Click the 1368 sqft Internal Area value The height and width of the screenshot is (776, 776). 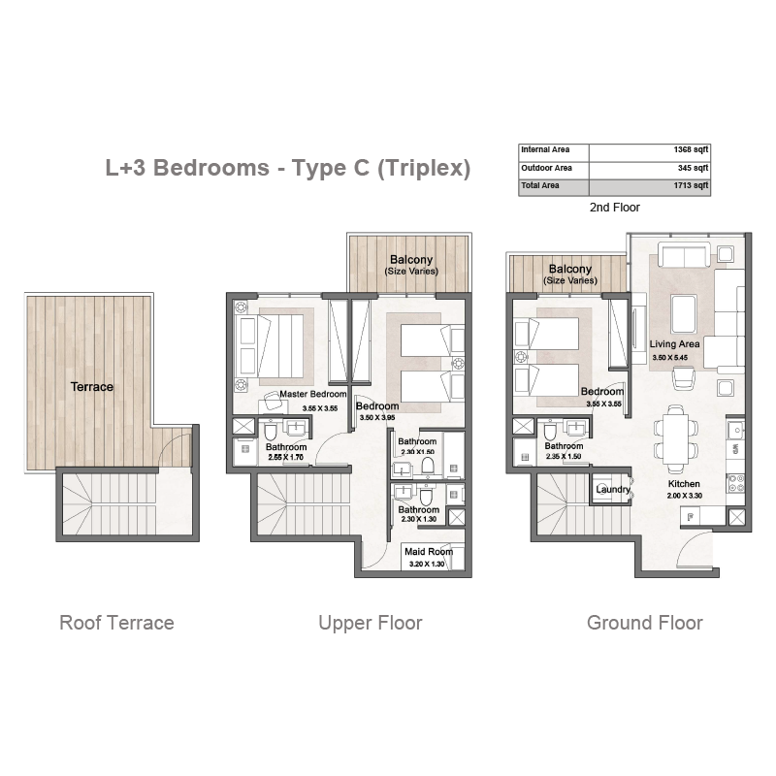pyautogui.click(x=691, y=149)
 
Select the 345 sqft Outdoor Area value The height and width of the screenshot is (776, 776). pyautogui.click(x=693, y=168)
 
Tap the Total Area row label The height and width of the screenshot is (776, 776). pyautogui.click(x=540, y=185)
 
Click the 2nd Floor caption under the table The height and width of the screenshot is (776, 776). pyautogui.click(x=615, y=208)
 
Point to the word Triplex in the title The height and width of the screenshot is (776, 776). pyautogui.click(x=424, y=168)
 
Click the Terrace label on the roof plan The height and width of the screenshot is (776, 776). pyautogui.click(x=91, y=386)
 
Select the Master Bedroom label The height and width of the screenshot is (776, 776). pyautogui.click(x=312, y=394)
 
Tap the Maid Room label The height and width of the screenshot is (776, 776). pyautogui.click(x=429, y=551)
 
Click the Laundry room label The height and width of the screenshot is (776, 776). pyautogui.click(x=613, y=490)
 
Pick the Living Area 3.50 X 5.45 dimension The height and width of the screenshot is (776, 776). pyautogui.click(x=669, y=357)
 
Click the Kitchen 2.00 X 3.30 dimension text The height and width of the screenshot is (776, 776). pyautogui.click(x=685, y=496)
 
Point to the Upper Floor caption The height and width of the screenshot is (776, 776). pyautogui.click(x=371, y=623)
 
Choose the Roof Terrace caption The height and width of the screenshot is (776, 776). pyautogui.click(x=116, y=623)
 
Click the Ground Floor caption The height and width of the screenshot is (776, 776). pyautogui.click(x=644, y=623)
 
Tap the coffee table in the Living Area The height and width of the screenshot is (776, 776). pyautogui.click(x=684, y=314)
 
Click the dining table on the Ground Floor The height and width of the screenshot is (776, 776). pyautogui.click(x=675, y=438)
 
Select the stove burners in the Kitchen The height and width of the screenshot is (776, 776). pyautogui.click(x=735, y=483)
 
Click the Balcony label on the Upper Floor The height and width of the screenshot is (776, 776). pyautogui.click(x=411, y=259)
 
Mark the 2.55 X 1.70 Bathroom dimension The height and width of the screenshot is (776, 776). pyautogui.click(x=285, y=457)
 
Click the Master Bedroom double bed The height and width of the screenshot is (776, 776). pyautogui.click(x=271, y=346)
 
